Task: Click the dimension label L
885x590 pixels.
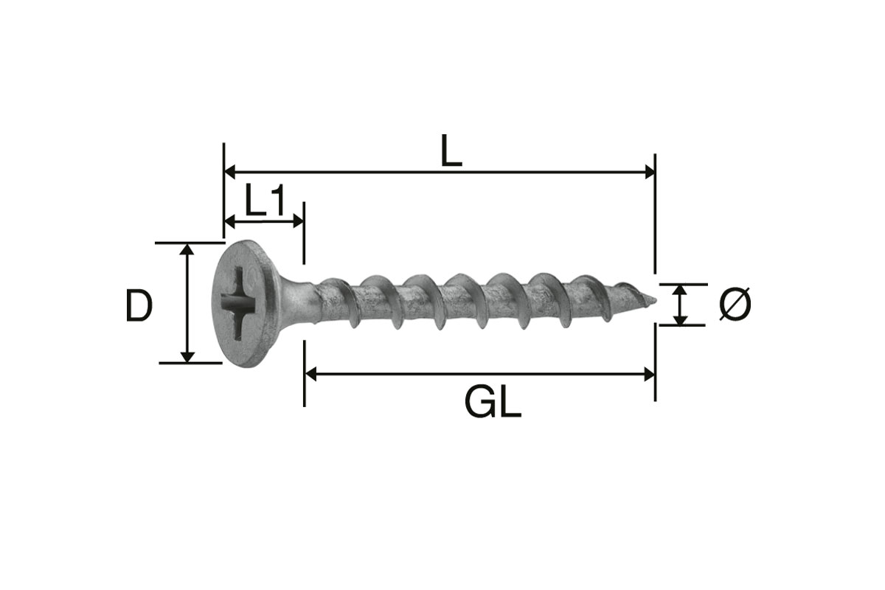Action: pyautogui.click(x=451, y=150)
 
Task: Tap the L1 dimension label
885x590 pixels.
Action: pyautogui.click(x=264, y=200)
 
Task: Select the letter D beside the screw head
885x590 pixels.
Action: pyautogui.click(x=139, y=305)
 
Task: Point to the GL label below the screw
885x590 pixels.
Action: pyautogui.click(x=493, y=403)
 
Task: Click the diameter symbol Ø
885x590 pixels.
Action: pyautogui.click(x=735, y=304)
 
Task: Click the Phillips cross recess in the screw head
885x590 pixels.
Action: pyautogui.click(x=239, y=303)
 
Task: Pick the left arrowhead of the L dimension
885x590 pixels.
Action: pyautogui.click(x=230, y=173)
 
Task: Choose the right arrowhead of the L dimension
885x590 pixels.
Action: pyautogui.click(x=650, y=173)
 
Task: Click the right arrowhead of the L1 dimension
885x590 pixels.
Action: pyautogui.click(x=298, y=222)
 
